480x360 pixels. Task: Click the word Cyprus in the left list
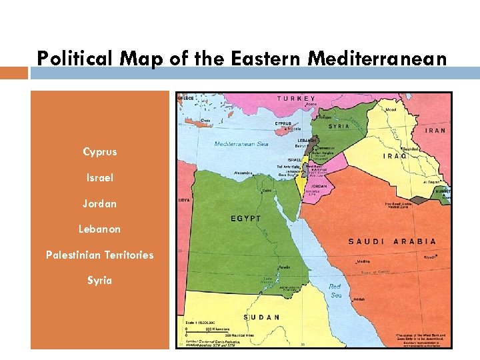click(x=99, y=152)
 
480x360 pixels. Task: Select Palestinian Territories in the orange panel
click(x=99, y=255)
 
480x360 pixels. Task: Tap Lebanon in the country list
click(x=99, y=229)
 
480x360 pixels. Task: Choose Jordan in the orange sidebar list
click(x=99, y=203)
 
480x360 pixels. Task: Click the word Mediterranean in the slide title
click(x=377, y=59)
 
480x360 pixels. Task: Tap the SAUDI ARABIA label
click(x=392, y=241)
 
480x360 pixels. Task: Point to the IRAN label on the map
click(x=435, y=131)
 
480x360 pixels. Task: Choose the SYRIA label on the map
click(x=340, y=126)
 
